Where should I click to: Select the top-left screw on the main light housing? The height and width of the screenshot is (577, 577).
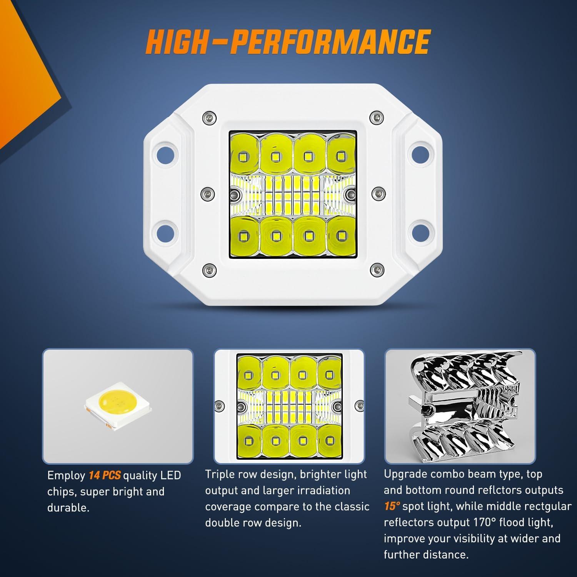pos(208,117)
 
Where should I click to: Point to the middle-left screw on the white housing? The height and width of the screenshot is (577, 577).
pos(208,192)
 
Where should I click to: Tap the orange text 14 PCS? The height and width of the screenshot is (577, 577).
pos(105,475)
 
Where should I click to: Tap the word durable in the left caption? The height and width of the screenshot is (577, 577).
pos(68,508)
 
